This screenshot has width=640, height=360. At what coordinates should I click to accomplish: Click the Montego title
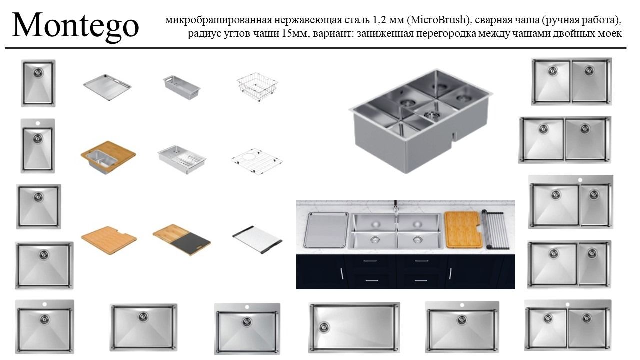coord(75,25)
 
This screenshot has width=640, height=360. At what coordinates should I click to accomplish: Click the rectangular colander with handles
coord(181,87)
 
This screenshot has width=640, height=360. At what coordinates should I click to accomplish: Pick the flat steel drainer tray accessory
coord(107,87)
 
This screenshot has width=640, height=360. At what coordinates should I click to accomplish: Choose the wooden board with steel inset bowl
coord(108,157)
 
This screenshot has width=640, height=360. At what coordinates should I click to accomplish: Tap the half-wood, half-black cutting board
coord(182,239)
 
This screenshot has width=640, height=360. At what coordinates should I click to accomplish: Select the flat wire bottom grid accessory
coord(257,161)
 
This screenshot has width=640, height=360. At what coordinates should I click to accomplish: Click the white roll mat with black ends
coord(257,239)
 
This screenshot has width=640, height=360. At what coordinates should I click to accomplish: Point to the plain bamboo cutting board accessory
coord(109,240)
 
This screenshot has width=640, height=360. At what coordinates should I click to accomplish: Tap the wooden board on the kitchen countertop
coord(463,230)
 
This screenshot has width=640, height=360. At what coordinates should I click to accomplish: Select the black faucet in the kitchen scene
coord(395,207)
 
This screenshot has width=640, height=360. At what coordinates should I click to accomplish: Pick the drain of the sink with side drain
coord(324,327)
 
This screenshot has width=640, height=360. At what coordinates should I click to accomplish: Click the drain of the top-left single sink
coord(38,73)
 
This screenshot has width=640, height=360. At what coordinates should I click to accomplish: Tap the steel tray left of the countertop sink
coord(326,230)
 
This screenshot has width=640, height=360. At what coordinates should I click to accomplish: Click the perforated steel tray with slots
coord(182,159)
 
